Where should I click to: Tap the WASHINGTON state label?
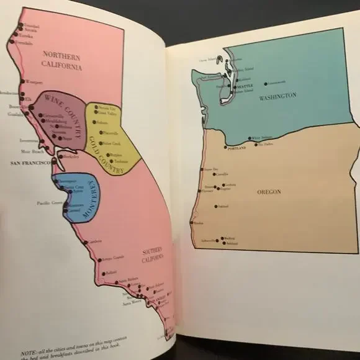coord(278,96)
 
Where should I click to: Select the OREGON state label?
coord(269,192)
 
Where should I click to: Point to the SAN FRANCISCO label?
coord(31,163)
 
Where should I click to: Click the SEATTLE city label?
coord(241,86)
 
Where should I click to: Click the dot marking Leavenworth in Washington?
coord(266,83)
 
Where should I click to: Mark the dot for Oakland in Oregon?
coord(216,206)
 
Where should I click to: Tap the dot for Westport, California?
coord(22,81)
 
